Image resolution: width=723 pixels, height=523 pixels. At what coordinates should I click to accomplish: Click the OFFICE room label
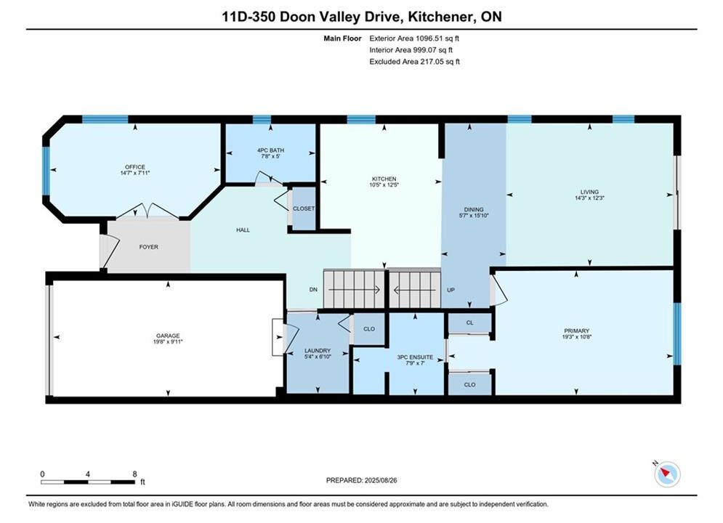tap(135, 167)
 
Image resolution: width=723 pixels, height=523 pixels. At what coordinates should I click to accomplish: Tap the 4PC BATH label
tap(270, 150)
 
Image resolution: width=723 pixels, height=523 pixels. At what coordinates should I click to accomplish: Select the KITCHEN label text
tap(384, 179)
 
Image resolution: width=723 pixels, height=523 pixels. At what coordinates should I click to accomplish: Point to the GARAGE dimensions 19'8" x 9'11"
tap(168, 342)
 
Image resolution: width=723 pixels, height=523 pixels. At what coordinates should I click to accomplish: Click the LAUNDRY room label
tap(318, 351)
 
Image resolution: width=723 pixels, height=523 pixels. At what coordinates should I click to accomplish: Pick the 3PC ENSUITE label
tap(415, 357)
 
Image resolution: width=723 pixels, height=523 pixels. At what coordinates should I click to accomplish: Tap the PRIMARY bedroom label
tap(577, 331)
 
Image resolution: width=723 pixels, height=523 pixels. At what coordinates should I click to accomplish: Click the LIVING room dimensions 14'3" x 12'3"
tap(590, 198)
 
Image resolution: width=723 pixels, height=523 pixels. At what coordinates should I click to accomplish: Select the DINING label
tap(474, 209)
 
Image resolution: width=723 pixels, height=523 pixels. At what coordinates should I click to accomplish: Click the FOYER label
tap(148, 247)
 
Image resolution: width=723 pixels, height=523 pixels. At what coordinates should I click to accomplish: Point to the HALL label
tap(243, 230)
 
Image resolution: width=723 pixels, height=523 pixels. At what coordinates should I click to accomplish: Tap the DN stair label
tap(313, 289)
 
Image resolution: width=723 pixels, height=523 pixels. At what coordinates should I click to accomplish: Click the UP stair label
tap(451, 290)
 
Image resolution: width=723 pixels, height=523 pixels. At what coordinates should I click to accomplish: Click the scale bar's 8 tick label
tap(134, 474)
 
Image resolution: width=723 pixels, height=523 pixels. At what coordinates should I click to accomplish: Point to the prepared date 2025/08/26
tap(381, 480)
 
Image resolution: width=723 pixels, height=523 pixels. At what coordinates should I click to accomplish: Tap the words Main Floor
tap(342, 38)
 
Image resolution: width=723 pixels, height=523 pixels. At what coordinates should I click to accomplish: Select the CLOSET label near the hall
tap(304, 208)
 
